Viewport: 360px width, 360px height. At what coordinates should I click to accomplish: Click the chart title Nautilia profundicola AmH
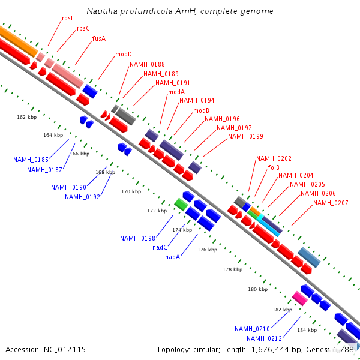click(180, 11)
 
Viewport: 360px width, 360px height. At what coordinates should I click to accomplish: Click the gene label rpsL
click(68, 19)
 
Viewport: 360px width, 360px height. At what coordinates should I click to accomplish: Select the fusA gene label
click(99, 38)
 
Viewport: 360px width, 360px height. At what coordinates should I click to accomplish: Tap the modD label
click(124, 54)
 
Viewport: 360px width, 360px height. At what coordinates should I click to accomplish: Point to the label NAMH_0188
click(147, 64)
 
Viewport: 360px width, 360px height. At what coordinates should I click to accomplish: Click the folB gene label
click(274, 168)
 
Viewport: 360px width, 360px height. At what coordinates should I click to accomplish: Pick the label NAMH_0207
click(331, 203)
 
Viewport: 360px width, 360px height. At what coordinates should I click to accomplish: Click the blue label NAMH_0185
click(31, 160)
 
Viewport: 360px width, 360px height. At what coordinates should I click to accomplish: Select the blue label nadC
click(160, 247)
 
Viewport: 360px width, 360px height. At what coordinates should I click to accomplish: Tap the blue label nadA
click(173, 257)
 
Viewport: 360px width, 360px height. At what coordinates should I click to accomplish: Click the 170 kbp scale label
click(131, 191)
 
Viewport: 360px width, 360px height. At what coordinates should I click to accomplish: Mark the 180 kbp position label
click(257, 290)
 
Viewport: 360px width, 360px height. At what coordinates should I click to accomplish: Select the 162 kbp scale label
click(27, 117)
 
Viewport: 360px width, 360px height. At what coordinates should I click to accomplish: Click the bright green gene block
click(181, 203)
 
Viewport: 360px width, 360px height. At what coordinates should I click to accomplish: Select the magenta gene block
click(299, 298)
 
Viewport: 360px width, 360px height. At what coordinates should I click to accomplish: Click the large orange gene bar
click(18, 40)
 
